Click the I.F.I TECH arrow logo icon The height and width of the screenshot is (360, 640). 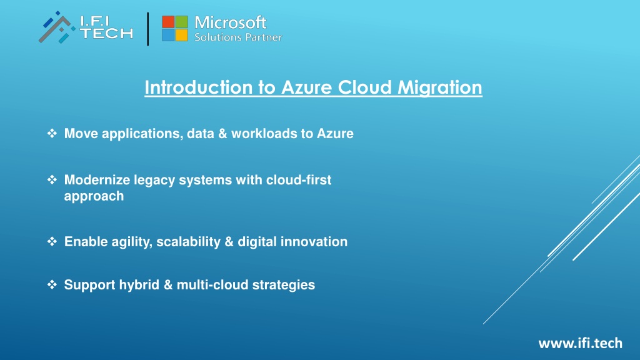pos(57,27)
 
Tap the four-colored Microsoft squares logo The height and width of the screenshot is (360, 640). pos(175,28)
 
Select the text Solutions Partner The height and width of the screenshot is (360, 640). pos(238,37)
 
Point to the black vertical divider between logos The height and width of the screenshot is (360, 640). pos(147,29)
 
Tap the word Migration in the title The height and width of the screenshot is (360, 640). pos(439,87)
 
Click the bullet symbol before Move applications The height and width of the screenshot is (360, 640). pos(52,133)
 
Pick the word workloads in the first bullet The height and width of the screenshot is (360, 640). pos(264,134)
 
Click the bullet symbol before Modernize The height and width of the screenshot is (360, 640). pos(52,179)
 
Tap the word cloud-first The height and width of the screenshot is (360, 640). pos(298,179)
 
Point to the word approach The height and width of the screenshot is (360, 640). pos(94,196)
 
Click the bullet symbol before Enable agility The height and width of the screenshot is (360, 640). pos(52,241)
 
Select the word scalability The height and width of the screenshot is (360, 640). pos(189,242)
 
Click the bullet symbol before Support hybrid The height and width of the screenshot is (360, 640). pos(52,284)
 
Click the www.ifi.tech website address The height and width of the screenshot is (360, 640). pos(581,343)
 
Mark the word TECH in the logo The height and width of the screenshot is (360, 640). pos(106,34)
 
